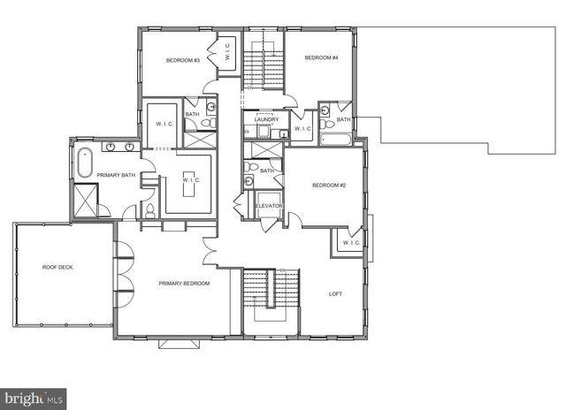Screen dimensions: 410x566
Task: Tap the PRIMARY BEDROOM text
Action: pyautogui.click(x=184, y=283)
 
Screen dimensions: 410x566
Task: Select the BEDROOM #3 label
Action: pyautogui.click(x=183, y=60)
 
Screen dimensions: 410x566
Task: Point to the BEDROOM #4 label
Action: pyautogui.click(x=321, y=57)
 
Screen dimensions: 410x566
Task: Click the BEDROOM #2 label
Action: pyautogui.click(x=327, y=186)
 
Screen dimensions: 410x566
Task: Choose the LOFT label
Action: pyautogui.click(x=335, y=294)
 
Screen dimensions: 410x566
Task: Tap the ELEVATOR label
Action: pyautogui.click(x=268, y=206)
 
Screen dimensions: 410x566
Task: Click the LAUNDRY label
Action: pyautogui.click(x=267, y=119)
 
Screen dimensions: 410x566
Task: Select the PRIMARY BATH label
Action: pyautogui.click(x=114, y=175)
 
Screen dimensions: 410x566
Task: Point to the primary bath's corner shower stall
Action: pyautogui.click(x=86, y=201)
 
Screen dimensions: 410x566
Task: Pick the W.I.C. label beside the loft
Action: pyautogui.click(x=349, y=242)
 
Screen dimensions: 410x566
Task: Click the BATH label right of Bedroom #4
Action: pyautogui.click(x=343, y=119)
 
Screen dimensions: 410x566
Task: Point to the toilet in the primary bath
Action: pyautogui.click(x=149, y=210)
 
